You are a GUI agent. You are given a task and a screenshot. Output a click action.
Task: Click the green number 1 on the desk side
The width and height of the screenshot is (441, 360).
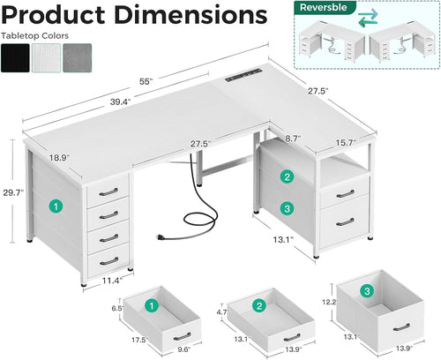tap(56, 206)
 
